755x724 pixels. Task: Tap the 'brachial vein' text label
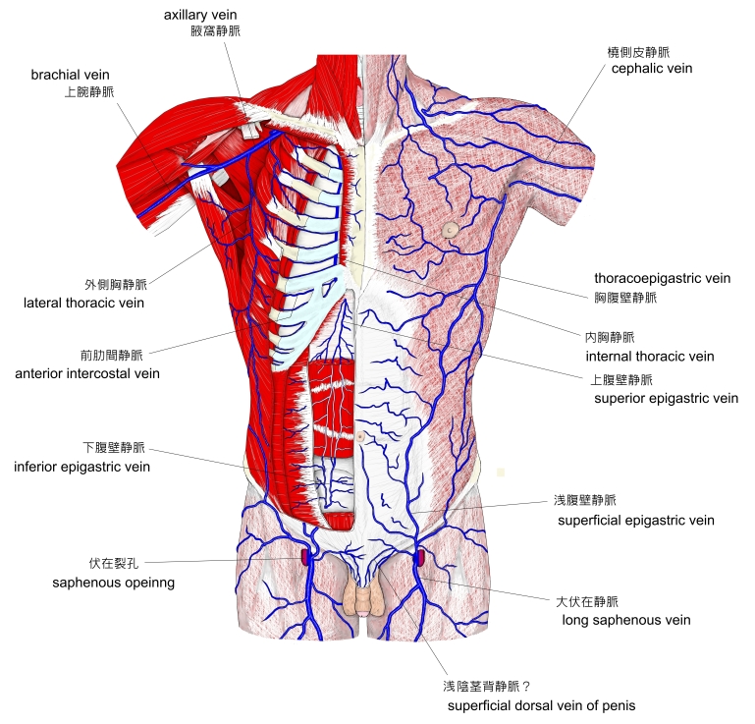click(70, 75)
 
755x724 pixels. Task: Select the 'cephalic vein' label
click(651, 69)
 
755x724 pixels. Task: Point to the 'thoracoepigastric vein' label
click(662, 279)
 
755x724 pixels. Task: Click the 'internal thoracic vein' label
click(649, 356)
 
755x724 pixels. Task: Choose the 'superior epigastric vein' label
click(666, 398)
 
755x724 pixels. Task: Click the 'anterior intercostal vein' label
click(87, 373)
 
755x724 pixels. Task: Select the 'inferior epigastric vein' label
click(81, 467)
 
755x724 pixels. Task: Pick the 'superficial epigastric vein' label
click(635, 520)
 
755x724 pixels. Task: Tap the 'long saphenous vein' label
click(625, 620)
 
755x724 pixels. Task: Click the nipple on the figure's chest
click(450, 230)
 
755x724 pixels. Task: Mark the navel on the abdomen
click(361, 435)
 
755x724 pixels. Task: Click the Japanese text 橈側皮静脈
click(639, 52)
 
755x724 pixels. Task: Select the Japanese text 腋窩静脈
click(215, 30)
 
